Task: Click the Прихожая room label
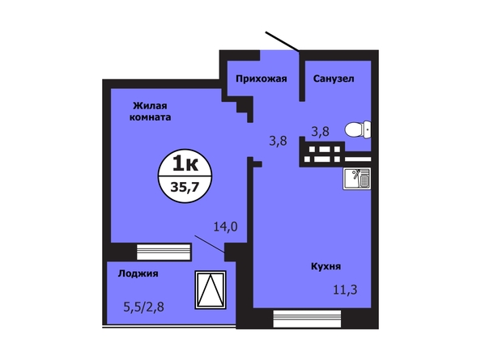coord(262,78)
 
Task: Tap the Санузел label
coord(334,78)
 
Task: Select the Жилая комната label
coord(150,112)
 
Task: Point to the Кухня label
coord(326,266)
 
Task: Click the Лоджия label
coord(138,273)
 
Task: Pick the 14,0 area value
coord(225,227)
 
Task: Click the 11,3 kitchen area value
coord(345,290)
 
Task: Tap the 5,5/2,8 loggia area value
coord(143,307)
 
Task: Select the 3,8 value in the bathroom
coord(320,132)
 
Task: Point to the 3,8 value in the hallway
coord(278,141)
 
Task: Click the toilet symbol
coord(358,129)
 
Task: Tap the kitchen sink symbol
coord(357,178)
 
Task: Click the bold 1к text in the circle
coord(185,163)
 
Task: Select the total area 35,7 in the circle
coord(185,187)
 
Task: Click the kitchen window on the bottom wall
coord(307,319)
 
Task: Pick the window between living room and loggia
coord(164,252)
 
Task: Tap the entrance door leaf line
coord(282,41)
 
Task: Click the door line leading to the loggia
coord(210,244)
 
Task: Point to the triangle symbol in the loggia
coord(211,290)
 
